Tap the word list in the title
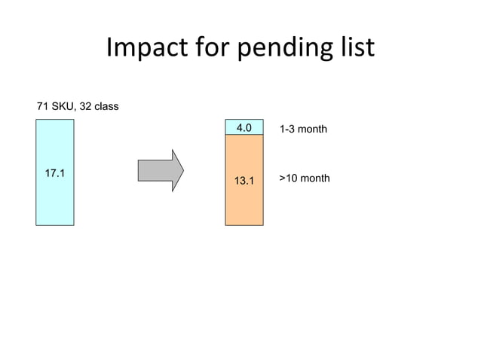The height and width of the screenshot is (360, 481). tap(356, 48)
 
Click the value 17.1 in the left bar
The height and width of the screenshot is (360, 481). tap(54, 174)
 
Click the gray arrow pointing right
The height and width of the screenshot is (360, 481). tap(158, 170)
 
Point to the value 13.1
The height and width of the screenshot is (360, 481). tap(244, 181)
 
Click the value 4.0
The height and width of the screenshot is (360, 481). tap(244, 128)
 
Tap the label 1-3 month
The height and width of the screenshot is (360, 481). tap(303, 130)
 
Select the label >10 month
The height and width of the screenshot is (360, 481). tap(305, 178)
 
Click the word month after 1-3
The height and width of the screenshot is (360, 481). tap(312, 130)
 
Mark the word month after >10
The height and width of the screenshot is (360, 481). tap(314, 178)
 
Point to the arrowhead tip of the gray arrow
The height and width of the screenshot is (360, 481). tap(182, 170)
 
